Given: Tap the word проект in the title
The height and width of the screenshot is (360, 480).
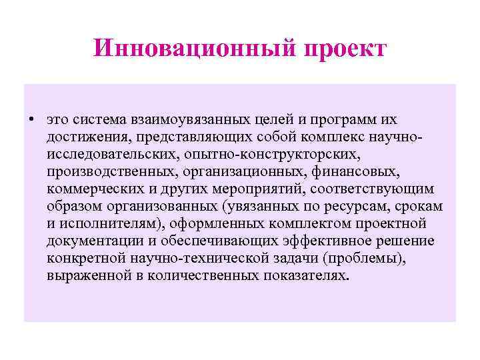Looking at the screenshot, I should click(345, 49).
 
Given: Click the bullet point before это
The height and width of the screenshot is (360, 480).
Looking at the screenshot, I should click(31, 120).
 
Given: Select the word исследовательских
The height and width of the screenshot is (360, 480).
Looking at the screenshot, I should click(110, 155).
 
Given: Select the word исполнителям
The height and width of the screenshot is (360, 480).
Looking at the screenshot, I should click(108, 224).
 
